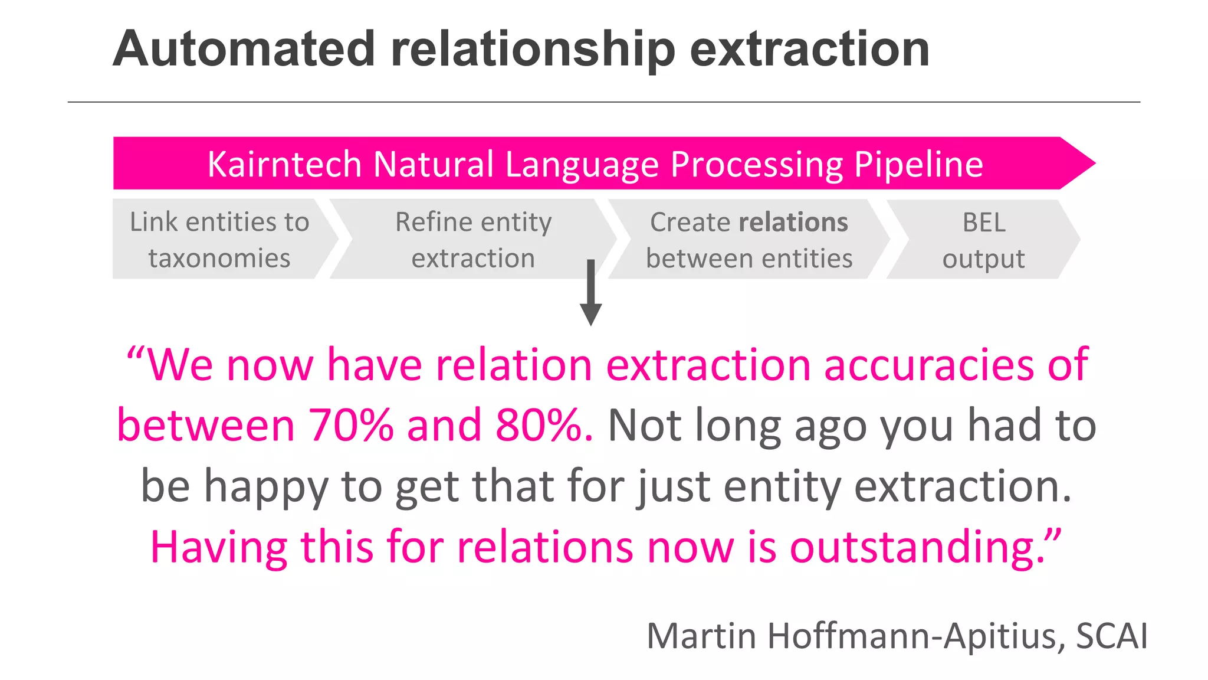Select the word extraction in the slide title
pyautogui.click(x=809, y=50)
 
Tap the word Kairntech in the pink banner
pyautogui.click(x=284, y=164)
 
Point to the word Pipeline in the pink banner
pyautogui.click(x=918, y=164)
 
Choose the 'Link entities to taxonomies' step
pyautogui.click(x=219, y=239)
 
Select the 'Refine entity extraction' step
pyautogui.click(x=473, y=239)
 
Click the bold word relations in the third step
pyautogui.click(x=793, y=223)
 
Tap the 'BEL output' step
pyautogui.click(x=983, y=239)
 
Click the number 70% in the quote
pyautogui.click(x=352, y=425)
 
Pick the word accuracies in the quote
pyautogui.click(x=928, y=365)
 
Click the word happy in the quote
pyautogui.click(x=265, y=486)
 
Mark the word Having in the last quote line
pyautogui.click(x=219, y=547)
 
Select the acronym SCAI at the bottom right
pyautogui.click(x=1111, y=636)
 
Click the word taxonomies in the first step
pyautogui.click(x=219, y=259)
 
